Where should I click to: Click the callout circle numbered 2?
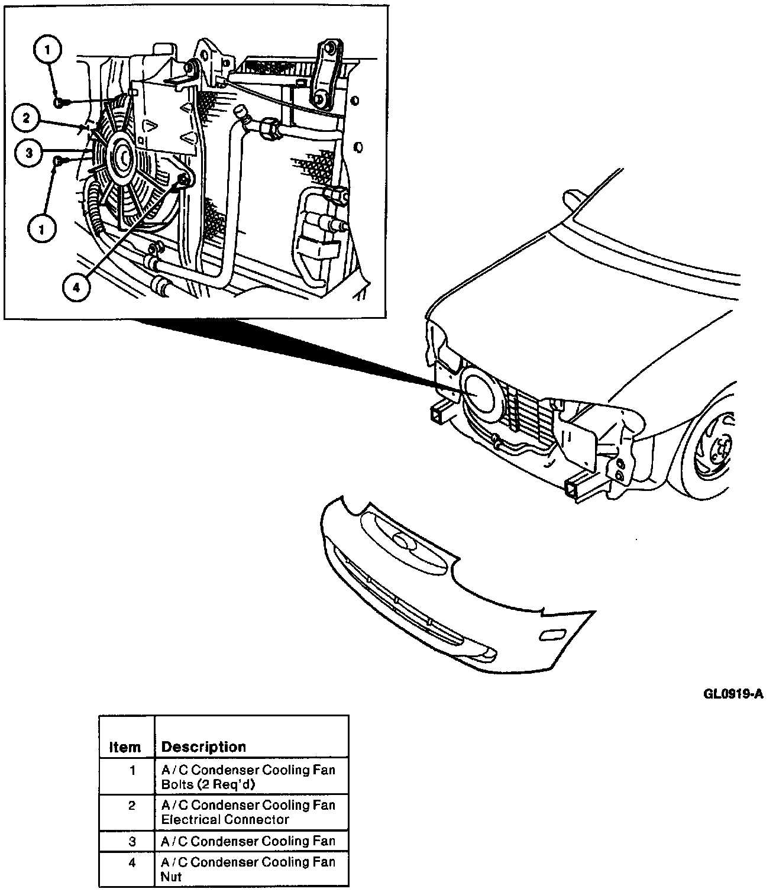point(26,118)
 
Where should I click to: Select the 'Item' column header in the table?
point(125,747)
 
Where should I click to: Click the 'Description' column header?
point(203,746)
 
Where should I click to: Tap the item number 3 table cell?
point(132,841)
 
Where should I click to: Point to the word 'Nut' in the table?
point(171,877)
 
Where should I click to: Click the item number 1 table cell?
point(132,771)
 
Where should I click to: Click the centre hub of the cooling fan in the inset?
point(124,158)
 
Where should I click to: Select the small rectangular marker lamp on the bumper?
point(552,635)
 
